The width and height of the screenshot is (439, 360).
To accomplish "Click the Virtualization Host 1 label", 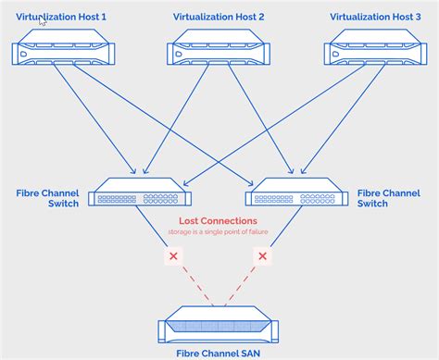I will tap(61, 18).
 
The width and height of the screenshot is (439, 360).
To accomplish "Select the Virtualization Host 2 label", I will tap(219, 18).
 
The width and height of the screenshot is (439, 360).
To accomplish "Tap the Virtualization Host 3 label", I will tap(375, 18).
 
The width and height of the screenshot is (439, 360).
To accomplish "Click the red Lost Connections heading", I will tap(219, 221).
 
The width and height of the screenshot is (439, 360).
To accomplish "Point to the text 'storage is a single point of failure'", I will tap(219, 232).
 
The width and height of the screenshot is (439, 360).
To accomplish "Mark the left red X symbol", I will tap(172, 255).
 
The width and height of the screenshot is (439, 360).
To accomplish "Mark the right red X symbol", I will tap(263, 255).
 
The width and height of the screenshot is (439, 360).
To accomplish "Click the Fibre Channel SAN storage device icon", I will tap(219, 327).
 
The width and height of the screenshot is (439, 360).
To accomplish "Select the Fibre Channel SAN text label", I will tap(219, 352).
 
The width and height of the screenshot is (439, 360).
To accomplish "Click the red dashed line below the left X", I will tap(193, 282).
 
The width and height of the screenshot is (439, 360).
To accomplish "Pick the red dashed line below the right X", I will tap(243, 282).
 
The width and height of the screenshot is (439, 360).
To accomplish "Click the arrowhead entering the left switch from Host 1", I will tap(135, 172).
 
